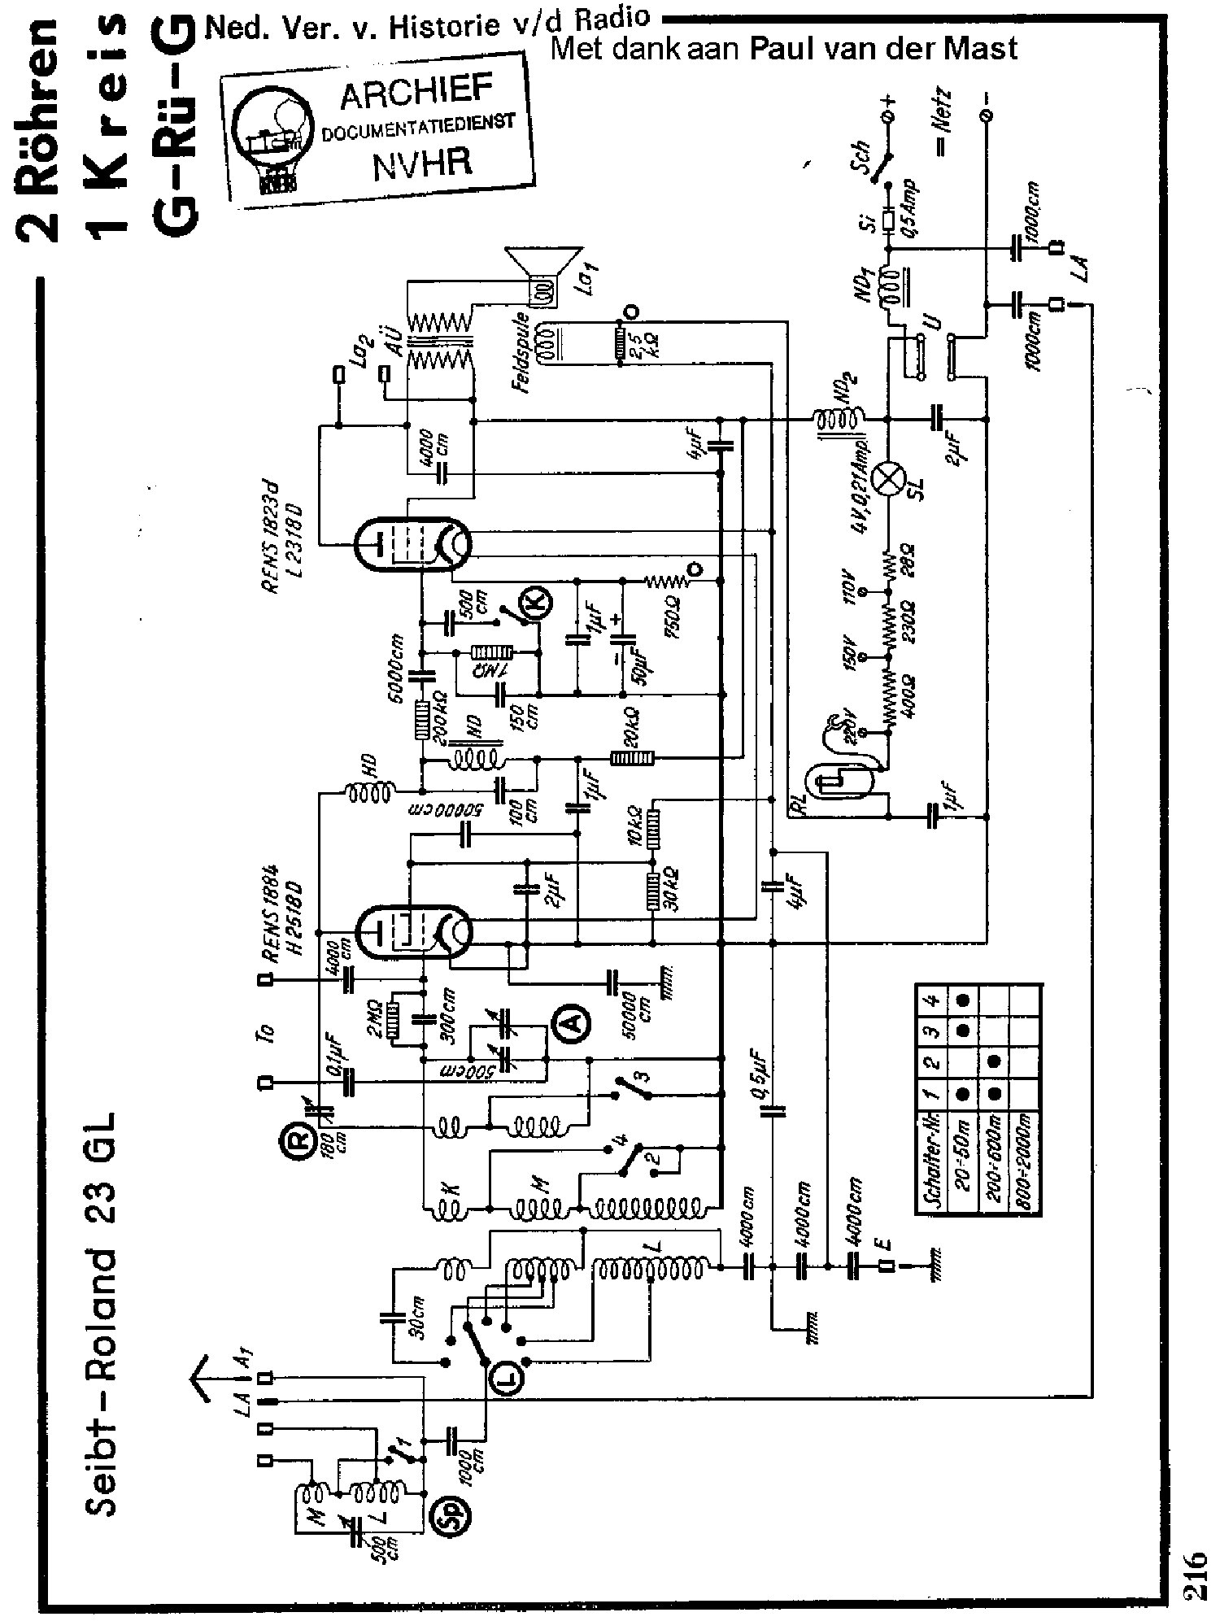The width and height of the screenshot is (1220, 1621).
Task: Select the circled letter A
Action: [573, 1022]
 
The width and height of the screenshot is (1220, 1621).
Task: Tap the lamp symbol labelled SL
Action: [886, 479]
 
